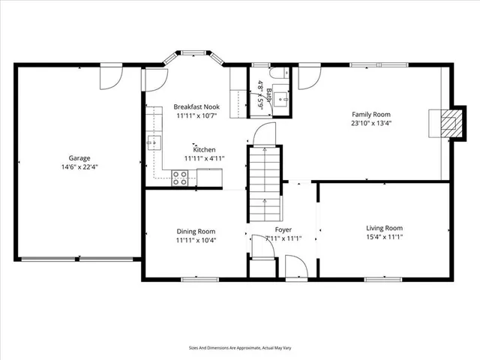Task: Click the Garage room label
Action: tap(79, 158)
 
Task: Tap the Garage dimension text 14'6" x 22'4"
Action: tap(79, 167)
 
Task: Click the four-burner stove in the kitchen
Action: tap(180, 178)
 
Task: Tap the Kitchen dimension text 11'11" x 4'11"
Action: tap(199, 158)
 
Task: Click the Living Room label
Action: tap(384, 228)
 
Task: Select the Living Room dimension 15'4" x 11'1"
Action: tap(384, 237)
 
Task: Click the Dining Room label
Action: tap(196, 232)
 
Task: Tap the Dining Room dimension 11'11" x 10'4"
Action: tap(196, 241)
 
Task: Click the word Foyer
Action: tap(283, 229)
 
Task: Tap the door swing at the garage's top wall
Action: tap(110, 74)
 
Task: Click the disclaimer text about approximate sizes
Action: tap(240, 347)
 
